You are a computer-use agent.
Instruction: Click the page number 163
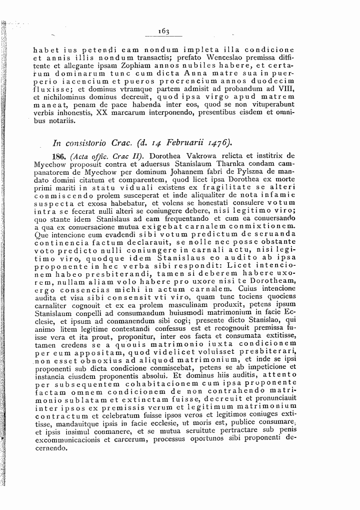click(x=163, y=31)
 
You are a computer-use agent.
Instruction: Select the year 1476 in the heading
click(x=206, y=141)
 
